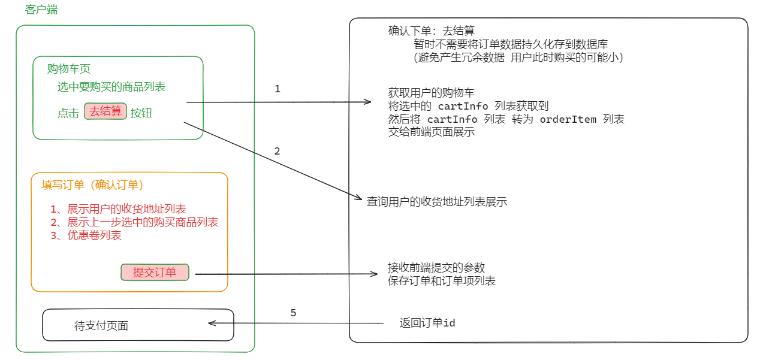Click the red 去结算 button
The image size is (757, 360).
click(105, 111)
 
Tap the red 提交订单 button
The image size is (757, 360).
click(155, 273)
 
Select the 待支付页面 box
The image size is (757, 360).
click(137, 325)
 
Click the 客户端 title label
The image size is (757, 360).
click(41, 10)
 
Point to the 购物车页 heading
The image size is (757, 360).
click(69, 69)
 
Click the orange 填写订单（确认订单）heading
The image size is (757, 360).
click(92, 185)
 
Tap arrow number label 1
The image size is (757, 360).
click(277, 89)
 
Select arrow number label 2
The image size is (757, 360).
click(277, 151)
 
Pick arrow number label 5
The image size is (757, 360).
click(293, 313)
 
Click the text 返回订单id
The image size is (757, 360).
click(427, 323)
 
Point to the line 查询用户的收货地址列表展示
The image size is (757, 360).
click(437, 202)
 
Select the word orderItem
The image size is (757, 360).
click(568, 119)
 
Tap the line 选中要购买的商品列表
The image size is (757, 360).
click(111, 87)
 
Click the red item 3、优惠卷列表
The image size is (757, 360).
click(86, 235)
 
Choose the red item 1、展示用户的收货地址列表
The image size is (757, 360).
click(119, 209)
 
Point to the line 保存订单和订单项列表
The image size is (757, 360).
click(442, 280)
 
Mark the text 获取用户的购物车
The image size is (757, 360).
click(432, 93)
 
